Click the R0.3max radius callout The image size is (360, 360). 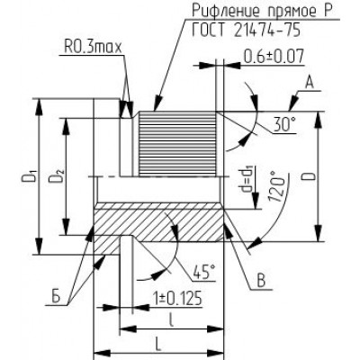(x=93, y=48)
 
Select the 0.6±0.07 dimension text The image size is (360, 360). (x=274, y=57)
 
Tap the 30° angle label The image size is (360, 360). (x=284, y=124)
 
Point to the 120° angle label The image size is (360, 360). (x=276, y=186)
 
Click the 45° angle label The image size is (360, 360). (x=204, y=273)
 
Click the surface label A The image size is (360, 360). (x=310, y=84)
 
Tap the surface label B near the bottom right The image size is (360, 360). (x=261, y=282)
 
